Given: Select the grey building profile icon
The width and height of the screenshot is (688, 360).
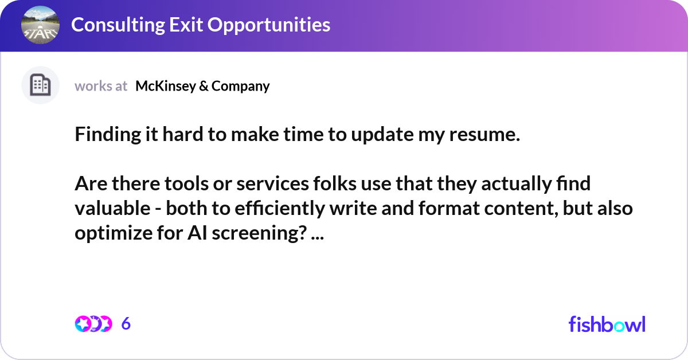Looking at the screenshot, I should point(40,85).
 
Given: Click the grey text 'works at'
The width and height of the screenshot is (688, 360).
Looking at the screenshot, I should point(101,86).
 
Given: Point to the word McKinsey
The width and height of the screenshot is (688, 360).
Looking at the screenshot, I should point(163,86).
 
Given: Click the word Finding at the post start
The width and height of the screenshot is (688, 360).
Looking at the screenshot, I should point(107,135).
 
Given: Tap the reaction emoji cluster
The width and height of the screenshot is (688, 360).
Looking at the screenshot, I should point(93,324).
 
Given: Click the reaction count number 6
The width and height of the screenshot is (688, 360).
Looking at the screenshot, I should point(126,324).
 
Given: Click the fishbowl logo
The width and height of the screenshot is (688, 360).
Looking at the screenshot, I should point(607,324).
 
